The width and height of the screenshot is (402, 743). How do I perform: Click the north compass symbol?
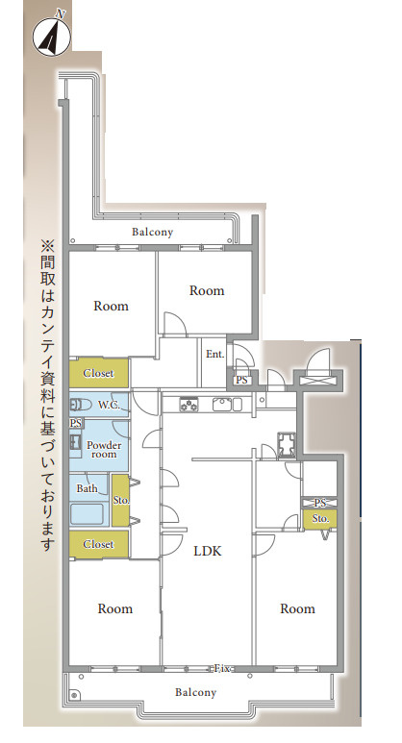(x=52, y=36)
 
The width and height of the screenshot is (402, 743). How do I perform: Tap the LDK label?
(x=208, y=551)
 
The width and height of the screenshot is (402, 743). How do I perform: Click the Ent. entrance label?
(x=215, y=354)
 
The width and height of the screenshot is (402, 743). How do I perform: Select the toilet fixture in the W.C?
(x=81, y=405)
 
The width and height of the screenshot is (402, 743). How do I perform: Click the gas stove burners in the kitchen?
(x=188, y=405)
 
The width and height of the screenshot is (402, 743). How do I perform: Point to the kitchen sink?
(x=224, y=405)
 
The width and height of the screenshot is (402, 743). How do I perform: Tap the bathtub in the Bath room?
(x=87, y=514)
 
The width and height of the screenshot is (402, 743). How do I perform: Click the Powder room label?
(x=104, y=449)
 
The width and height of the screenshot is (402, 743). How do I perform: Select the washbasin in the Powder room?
(x=75, y=442)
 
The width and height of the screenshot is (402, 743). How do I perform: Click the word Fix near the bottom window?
(x=222, y=669)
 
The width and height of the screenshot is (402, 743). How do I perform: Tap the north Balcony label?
(x=152, y=233)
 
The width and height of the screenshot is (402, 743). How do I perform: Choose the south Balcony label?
(x=195, y=692)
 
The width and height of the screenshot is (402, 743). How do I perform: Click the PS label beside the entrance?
(x=241, y=380)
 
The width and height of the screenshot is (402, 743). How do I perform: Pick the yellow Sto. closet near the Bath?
(x=121, y=501)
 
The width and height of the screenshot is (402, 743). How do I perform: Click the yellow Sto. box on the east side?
(x=320, y=518)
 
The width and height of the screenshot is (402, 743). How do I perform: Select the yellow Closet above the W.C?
(x=99, y=373)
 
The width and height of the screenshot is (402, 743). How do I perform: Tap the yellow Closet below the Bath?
(x=99, y=544)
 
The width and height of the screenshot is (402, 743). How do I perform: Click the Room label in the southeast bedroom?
(x=297, y=608)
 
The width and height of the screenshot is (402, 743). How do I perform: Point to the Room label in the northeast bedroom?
(x=207, y=290)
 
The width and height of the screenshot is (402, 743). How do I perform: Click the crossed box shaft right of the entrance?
(x=317, y=380)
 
